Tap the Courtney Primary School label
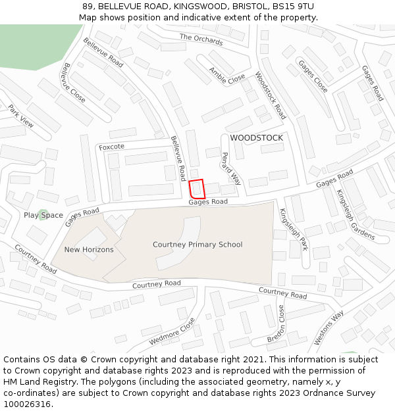197,245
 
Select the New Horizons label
89,250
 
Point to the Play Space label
43,215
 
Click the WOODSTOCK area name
256,138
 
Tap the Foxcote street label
111,147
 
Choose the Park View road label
21,115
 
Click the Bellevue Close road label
74,82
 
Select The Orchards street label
201,39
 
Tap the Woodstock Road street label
271,95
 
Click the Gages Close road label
313,76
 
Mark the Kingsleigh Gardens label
355,214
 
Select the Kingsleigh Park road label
294,230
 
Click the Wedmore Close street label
172,332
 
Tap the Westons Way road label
329,327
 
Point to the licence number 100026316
27,404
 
